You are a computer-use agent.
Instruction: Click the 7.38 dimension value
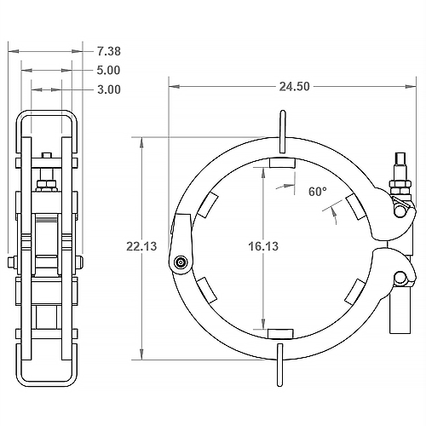tap(108, 51)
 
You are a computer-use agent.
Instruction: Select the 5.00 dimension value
tap(108, 70)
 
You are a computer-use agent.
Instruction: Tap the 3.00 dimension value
tap(108, 89)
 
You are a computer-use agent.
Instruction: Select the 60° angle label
tap(317, 193)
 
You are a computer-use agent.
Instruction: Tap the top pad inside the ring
tap(280, 163)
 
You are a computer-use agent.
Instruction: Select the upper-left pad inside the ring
tap(208, 204)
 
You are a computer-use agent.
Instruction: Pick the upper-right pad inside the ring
tap(354, 204)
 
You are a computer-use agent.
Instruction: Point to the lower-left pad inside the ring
tap(207, 291)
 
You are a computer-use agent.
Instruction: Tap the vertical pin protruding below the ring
tap(280, 366)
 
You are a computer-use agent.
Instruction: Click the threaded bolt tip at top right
tap(399, 161)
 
